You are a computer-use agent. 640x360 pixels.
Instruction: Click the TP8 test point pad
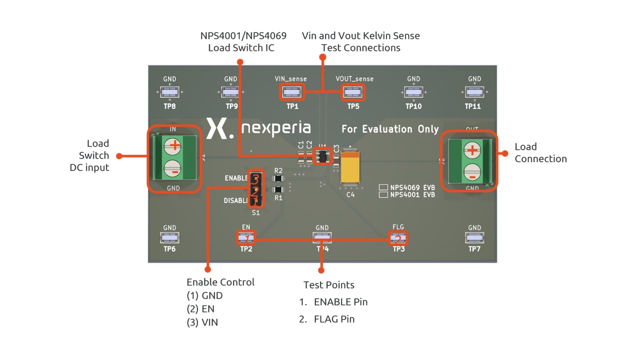[x=169, y=92]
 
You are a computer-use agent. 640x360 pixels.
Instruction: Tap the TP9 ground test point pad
[x=230, y=92]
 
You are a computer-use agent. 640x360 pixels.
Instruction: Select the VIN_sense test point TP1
[x=292, y=92]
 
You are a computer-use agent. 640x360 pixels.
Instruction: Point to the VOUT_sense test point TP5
[x=353, y=92]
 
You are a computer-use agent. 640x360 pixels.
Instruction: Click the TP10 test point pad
[x=413, y=92]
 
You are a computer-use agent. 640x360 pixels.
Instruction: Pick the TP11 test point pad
[x=474, y=92]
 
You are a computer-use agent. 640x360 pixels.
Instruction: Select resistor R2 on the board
[x=278, y=178]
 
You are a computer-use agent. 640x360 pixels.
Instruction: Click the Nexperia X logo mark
[x=218, y=128]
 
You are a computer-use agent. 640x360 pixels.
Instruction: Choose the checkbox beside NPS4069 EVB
[x=383, y=187]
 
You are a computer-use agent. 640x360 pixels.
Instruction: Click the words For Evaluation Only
[x=390, y=129]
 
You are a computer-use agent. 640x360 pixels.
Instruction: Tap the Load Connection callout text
[x=540, y=152]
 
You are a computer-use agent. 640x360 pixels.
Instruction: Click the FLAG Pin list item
[x=334, y=319]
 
